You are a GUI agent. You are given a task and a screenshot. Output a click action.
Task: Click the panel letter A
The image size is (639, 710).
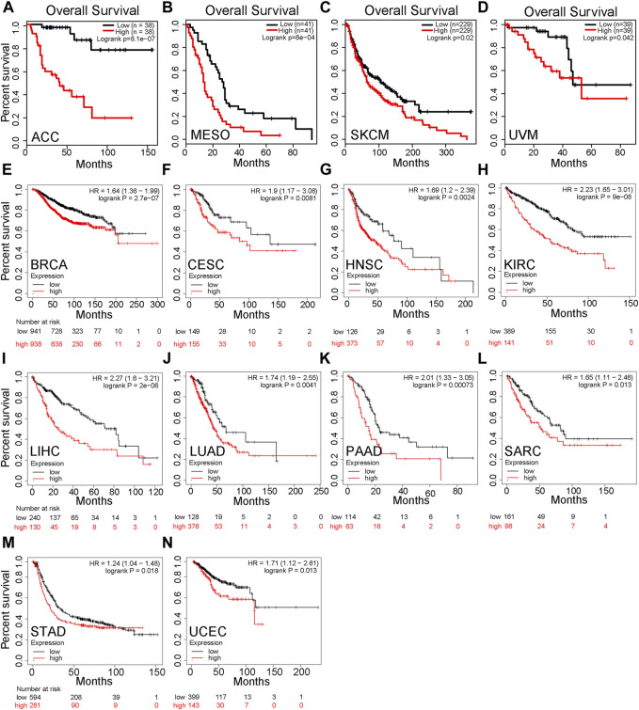(x=8, y=8)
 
